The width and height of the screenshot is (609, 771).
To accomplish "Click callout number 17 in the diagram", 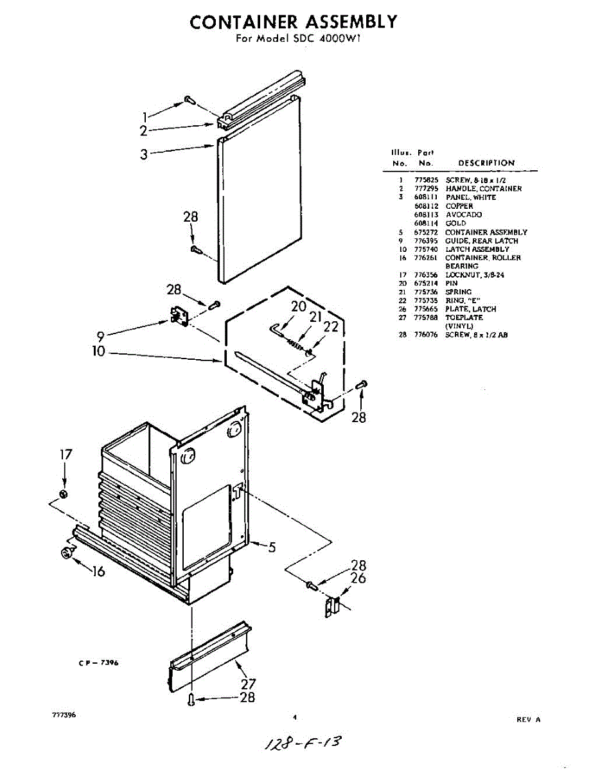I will click(66, 454).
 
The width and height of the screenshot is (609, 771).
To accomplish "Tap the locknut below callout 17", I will click(64, 493).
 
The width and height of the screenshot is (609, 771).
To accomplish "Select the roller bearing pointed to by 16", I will click(66, 553).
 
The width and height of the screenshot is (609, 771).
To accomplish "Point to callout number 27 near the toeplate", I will click(248, 684).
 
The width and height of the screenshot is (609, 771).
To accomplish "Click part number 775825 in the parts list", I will click(426, 181).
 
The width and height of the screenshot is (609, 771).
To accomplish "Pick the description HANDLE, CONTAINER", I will click(484, 189).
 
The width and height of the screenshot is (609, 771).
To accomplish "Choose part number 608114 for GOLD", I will click(426, 223).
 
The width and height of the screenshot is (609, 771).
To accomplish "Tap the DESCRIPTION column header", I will click(486, 163).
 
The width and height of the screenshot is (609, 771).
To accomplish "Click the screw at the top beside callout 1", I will click(189, 100).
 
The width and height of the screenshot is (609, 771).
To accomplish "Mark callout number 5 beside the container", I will click(272, 547).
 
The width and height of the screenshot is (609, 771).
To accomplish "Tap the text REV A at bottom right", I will click(529, 720).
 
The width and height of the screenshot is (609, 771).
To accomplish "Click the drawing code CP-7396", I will click(94, 664).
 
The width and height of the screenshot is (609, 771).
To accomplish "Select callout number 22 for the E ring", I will click(331, 326).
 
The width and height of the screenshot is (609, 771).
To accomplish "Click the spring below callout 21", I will click(294, 344).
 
